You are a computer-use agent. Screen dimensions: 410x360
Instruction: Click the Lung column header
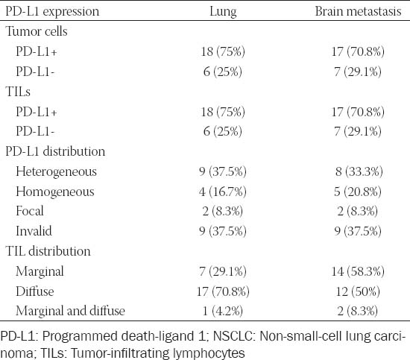[223, 12]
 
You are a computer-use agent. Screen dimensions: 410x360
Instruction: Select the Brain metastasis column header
[358, 11]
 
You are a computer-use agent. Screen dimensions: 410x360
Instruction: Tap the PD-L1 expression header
[52, 12]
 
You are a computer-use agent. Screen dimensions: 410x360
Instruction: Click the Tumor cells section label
[37, 31]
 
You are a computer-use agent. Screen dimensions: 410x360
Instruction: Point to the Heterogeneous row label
[56, 172]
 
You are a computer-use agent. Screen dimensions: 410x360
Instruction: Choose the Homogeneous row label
[55, 192]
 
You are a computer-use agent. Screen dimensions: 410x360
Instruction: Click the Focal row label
[30, 211]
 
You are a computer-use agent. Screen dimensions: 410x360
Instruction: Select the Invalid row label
[34, 231]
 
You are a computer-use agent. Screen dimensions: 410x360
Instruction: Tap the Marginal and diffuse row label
[70, 311]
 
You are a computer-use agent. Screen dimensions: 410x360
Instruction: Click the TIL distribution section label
[48, 251]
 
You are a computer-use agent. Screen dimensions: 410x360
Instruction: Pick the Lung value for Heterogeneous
[223, 171]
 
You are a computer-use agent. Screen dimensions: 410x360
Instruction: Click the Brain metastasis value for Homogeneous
[357, 192]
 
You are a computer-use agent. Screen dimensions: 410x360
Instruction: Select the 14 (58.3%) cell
[358, 271]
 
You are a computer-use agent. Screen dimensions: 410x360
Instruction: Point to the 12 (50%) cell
[358, 291]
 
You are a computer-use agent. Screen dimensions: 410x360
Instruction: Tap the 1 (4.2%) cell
[223, 311]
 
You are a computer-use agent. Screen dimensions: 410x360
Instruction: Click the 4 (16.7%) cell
[223, 192]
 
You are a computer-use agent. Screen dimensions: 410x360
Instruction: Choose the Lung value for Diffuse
[223, 291]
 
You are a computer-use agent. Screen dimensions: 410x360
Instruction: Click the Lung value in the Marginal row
[223, 271]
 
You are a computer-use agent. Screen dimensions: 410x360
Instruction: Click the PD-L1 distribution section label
[55, 151]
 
